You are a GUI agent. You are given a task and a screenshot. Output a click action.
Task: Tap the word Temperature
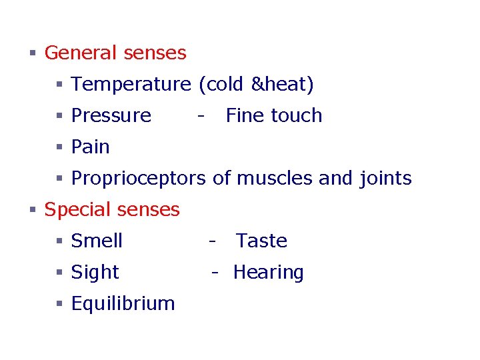coord(131,85)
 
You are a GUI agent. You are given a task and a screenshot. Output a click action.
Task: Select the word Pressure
coord(111,115)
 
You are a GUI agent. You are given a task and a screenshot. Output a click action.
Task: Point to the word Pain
coord(90,147)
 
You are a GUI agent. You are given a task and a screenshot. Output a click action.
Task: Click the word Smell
coord(97,241)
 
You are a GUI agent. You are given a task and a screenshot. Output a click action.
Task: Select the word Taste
coord(261,241)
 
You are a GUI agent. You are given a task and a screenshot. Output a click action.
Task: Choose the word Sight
coord(95,272)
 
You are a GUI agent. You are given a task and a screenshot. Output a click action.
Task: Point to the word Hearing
coord(268,272)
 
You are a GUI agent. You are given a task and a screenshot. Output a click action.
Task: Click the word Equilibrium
coord(123,304)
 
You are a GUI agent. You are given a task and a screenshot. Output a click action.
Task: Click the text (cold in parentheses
coord(220,85)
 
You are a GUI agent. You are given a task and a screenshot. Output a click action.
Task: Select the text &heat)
coord(282,85)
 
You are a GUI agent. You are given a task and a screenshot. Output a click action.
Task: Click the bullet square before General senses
coord(32,53)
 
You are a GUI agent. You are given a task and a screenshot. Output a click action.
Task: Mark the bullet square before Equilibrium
coord(59,304)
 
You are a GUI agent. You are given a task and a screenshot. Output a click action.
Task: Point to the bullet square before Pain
coord(59,147)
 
